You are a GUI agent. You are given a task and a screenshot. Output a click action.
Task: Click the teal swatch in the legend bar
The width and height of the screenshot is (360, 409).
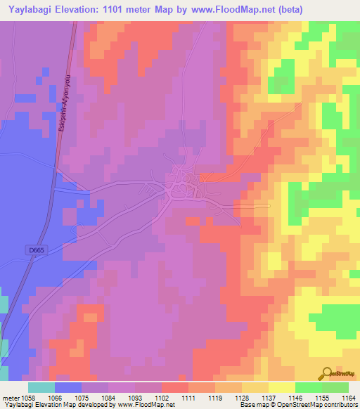[x=41, y=387]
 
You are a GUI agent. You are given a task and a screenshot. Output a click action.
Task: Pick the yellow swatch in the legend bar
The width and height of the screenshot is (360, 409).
[x=281, y=387]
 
